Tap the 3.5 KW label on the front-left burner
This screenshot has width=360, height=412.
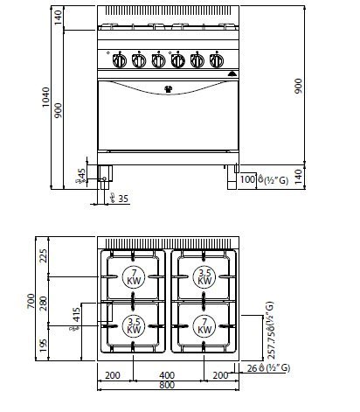[x=135, y=327]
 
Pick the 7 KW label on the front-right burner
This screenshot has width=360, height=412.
[x=203, y=327]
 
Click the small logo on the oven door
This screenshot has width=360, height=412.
[x=169, y=87]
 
